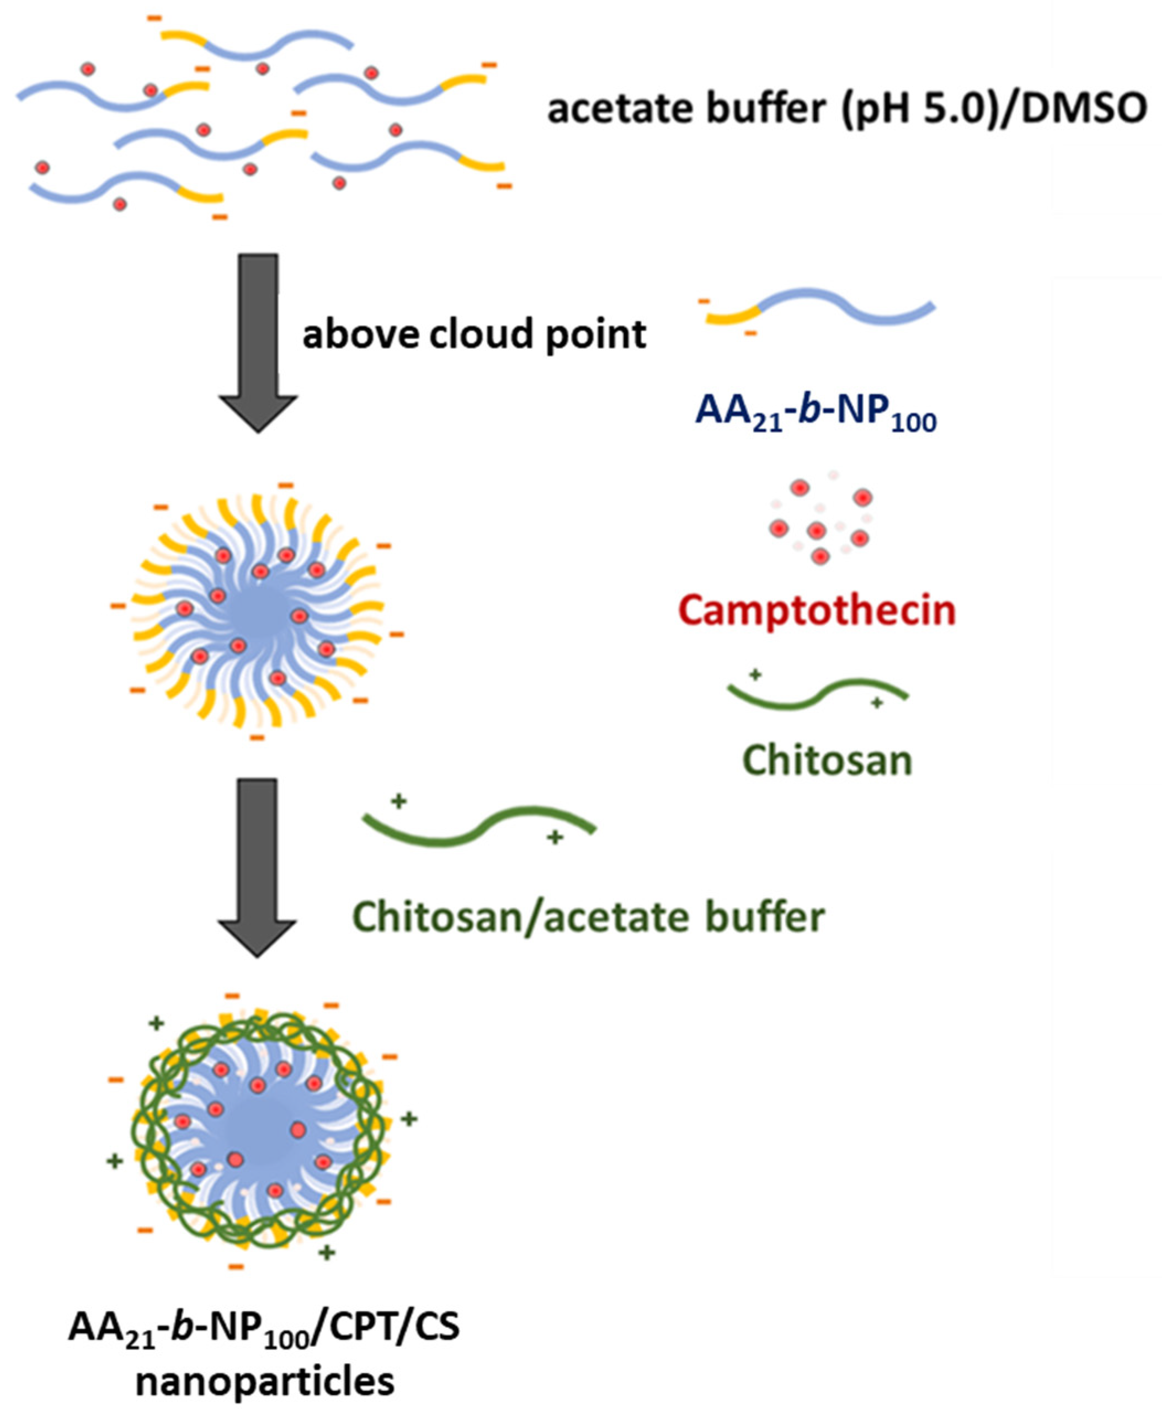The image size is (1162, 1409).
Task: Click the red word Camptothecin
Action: (x=817, y=611)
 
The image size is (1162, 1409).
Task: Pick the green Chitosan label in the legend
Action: (x=827, y=761)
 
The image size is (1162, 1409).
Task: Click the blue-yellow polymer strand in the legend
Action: (x=820, y=308)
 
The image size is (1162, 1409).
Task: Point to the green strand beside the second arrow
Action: (x=478, y=827)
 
